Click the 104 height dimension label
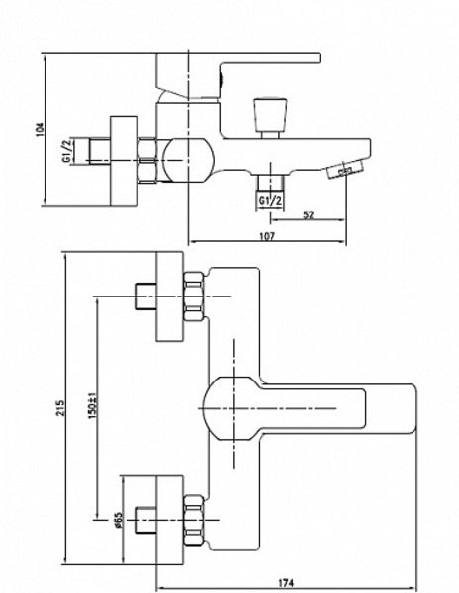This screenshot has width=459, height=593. point(41,129)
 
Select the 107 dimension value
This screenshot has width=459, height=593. point(267,236)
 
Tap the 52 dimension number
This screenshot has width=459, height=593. point(309,214)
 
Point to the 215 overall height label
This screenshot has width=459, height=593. point(61,407)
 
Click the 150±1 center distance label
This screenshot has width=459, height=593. point(93,404)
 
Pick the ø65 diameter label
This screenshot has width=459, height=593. point(118,521)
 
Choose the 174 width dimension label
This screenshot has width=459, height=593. point(286,583)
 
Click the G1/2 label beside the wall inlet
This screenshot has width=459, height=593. point(66,151)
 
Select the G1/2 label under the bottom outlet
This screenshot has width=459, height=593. point(271,200)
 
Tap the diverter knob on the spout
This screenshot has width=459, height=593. point(271,118)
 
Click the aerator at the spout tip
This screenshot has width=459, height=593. point(345,169)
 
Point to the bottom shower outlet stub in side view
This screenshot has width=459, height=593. point(271,183)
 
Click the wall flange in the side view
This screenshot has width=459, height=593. point(124,161)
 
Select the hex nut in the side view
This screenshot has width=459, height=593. point(146,161)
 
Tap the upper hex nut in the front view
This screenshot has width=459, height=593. point(194,296)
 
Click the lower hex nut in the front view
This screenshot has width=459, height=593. point(194,521)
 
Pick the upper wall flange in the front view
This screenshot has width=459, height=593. point(169,296)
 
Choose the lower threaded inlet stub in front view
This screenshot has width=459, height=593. point(145,521)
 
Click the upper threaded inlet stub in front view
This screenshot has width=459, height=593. point(145,296)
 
